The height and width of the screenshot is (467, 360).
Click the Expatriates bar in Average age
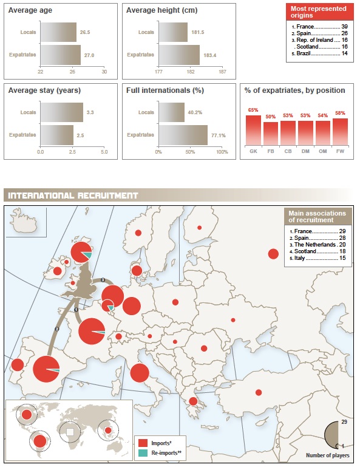[61, 55]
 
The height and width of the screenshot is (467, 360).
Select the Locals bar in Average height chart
[173, 32]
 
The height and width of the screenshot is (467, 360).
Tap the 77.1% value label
[219, 135]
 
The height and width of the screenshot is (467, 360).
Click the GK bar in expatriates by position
[253, 131]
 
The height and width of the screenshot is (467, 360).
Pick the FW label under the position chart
[340, 151]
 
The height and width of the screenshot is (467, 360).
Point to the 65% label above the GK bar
[253, 110]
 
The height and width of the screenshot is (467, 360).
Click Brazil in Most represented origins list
[304, 53]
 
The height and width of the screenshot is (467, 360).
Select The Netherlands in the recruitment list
[315, 245]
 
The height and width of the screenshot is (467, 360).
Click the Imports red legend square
[143, 443]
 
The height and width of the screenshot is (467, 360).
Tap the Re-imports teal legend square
[143, 452]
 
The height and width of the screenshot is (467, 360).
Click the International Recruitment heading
[73, 196]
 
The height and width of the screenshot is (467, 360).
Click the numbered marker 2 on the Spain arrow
[57, 329]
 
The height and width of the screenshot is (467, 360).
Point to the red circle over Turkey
[259, 392]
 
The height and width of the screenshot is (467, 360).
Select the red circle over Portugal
[18, 365]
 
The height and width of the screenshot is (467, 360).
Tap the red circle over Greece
[193, 401]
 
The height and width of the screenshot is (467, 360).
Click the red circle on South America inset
[40, 441]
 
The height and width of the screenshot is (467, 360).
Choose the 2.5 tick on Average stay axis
[72, 152]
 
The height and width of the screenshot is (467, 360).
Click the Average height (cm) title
[161, 10]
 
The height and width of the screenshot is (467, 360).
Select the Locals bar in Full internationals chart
[172, 112]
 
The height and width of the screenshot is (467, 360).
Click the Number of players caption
[328, 455]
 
